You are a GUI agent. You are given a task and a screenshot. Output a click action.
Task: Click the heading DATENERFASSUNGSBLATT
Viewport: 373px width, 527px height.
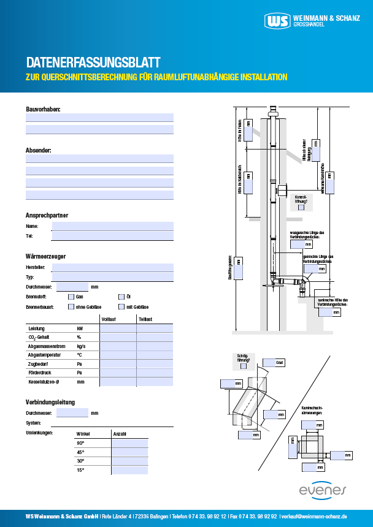93,63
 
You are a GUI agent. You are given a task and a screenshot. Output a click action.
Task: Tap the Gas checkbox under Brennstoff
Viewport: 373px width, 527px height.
71,297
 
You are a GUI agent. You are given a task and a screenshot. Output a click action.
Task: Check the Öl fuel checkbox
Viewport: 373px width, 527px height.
121,297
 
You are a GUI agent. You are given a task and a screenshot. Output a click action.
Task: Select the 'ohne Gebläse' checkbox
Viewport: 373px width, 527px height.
71,306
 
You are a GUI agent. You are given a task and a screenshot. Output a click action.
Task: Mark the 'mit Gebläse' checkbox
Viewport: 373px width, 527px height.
121,306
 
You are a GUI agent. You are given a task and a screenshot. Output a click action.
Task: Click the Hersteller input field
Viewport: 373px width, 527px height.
113,267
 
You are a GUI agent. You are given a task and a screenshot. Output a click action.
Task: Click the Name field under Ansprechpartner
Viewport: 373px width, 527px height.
113,226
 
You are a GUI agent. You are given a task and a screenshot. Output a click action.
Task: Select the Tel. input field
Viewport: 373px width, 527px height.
113,236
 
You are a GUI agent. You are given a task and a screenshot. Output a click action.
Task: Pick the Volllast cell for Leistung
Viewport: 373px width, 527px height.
118,328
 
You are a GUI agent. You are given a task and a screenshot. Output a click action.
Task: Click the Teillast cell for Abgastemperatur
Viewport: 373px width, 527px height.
155,355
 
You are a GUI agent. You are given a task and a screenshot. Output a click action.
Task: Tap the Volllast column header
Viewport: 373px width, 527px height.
109,319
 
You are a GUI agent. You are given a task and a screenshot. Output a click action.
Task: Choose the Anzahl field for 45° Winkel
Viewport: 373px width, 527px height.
129,452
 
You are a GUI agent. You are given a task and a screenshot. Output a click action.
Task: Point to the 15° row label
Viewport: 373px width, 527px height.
80,470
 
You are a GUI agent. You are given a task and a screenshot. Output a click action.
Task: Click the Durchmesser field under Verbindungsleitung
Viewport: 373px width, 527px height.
72,413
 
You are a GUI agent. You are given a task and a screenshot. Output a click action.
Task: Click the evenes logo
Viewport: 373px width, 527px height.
323,490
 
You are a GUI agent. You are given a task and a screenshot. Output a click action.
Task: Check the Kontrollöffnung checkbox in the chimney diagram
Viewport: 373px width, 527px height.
301,207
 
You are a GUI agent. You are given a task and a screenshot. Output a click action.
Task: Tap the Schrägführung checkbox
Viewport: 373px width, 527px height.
244,366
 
